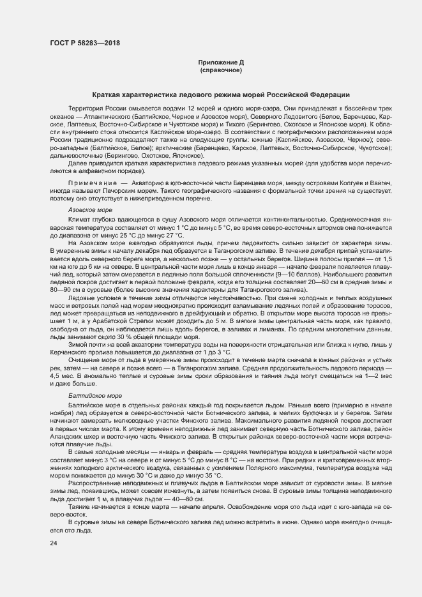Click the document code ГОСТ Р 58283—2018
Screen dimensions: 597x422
[x=84, y=43]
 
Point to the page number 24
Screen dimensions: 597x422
[x=53, y=543]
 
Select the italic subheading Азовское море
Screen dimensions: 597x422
[x=90, y=209]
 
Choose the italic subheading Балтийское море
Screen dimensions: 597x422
[x=93, y=396]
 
